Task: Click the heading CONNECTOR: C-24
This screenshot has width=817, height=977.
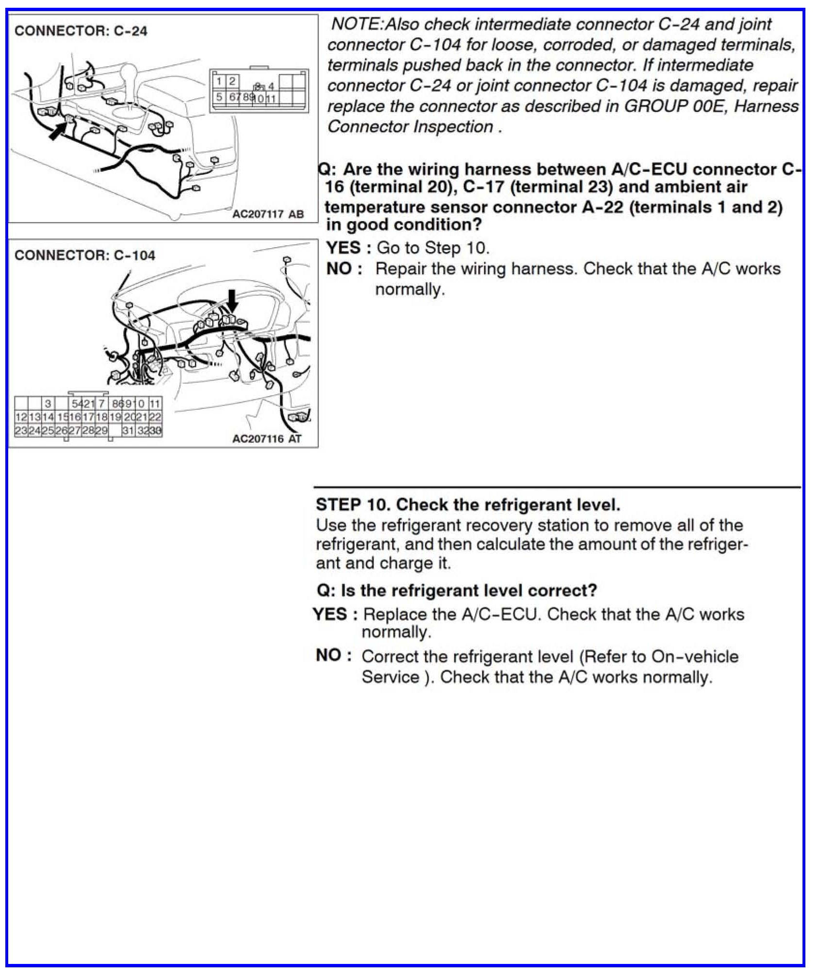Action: tap(80, 31)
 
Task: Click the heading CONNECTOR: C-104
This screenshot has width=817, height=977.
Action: tap(85, 255)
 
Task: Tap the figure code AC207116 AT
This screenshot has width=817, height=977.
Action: tap(267, 438)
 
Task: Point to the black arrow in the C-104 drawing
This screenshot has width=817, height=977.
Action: tap(233, 301)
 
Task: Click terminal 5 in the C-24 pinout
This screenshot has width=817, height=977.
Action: tap(219, 97)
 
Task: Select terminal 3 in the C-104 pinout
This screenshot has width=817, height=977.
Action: tap(47, 404)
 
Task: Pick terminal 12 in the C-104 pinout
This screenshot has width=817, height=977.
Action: tap(21, 417)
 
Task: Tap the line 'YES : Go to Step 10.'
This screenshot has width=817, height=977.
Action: tap(407, 248)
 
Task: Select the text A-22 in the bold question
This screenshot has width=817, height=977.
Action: tap(602, 207)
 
